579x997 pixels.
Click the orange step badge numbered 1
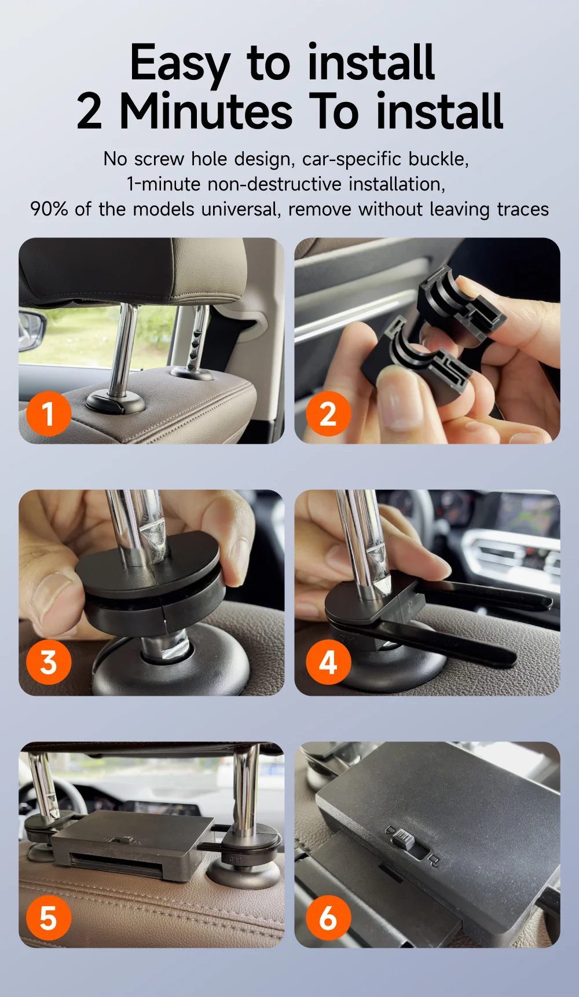[49, 414]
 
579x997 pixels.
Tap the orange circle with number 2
[328, 414]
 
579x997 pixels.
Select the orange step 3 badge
[49, 662]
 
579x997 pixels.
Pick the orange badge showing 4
[328, 662]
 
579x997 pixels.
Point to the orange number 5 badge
[49, 918]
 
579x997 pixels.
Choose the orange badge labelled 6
[328, 918]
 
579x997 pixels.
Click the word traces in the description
[523, 209]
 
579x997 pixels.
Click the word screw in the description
[159, 159]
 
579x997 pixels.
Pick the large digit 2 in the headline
[90, 111]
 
